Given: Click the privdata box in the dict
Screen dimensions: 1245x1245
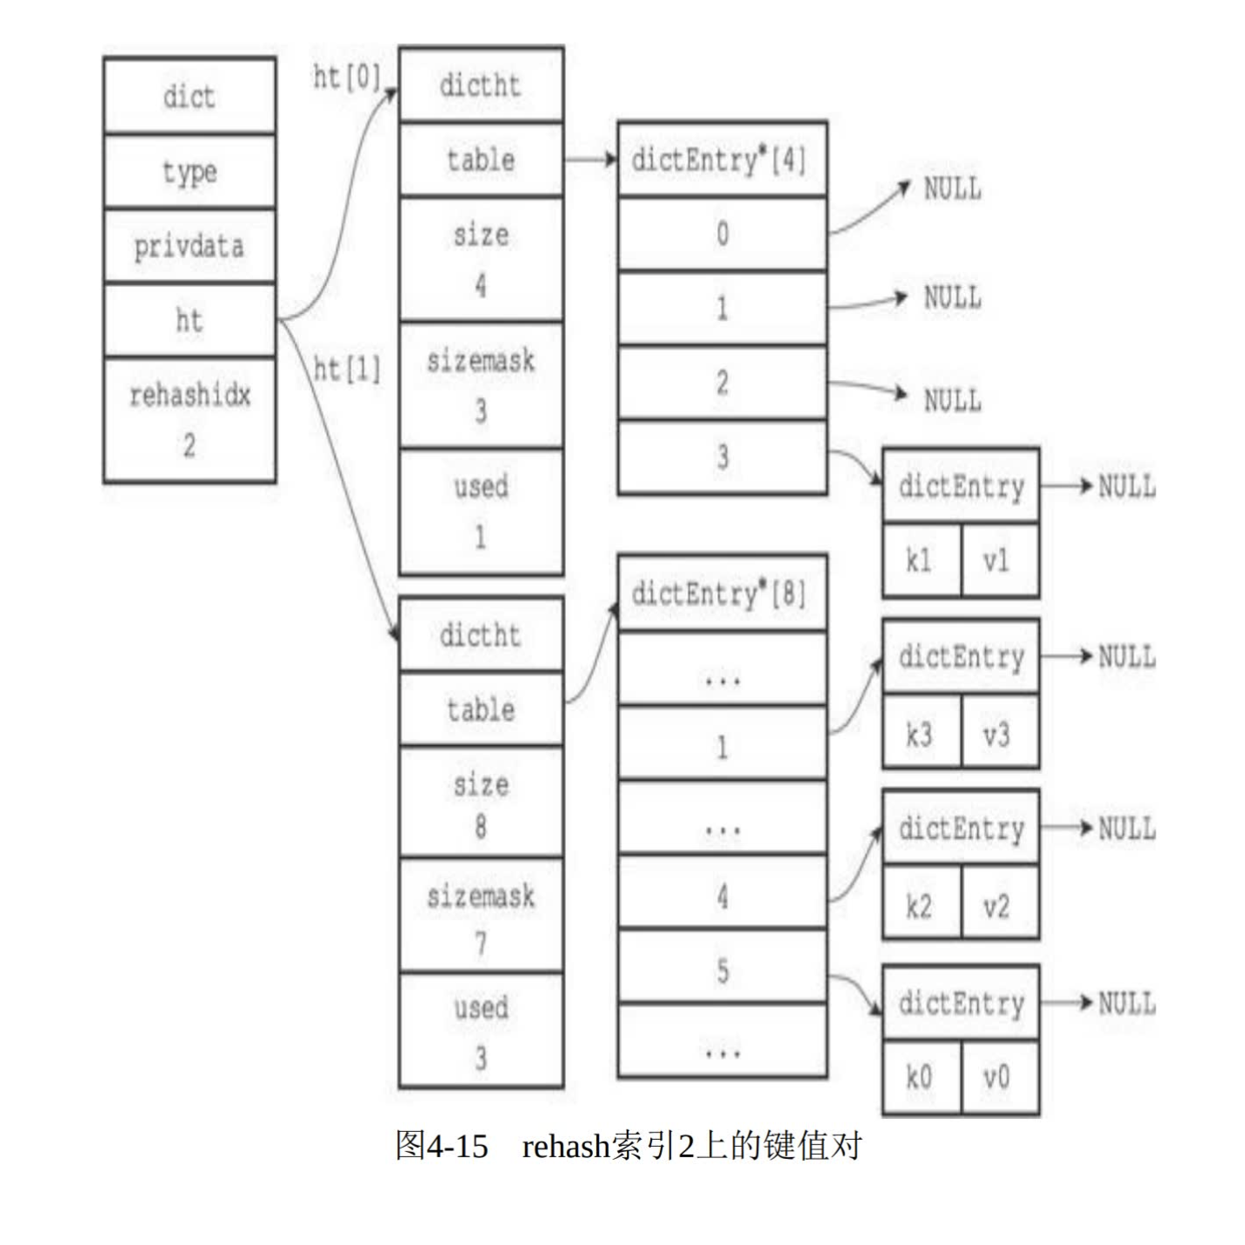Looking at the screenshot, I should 189,246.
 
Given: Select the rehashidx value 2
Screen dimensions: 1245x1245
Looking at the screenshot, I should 189,445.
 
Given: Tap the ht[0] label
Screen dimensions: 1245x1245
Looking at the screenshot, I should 347,77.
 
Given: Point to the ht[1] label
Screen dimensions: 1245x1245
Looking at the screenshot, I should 347,370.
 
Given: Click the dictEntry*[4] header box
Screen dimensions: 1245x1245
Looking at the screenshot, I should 721,160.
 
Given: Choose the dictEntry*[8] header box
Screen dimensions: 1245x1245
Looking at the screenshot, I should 721,594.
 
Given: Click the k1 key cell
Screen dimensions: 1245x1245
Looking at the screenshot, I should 920,561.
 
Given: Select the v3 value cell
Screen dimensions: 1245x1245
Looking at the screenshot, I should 997,736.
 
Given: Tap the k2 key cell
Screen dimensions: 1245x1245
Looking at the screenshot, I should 920,907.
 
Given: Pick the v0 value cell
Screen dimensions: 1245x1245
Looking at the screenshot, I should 997,1079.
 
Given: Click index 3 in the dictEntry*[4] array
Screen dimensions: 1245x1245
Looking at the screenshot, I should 722,457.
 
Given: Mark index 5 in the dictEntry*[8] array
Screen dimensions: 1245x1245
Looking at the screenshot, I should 722,969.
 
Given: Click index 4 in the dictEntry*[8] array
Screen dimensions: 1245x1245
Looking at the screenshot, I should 722,895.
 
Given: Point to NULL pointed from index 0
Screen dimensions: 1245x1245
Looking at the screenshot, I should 952,189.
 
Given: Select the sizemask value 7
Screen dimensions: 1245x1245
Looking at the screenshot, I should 480,942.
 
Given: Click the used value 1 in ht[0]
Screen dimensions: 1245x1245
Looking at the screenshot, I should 480,537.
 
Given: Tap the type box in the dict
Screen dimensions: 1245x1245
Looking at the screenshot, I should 189,171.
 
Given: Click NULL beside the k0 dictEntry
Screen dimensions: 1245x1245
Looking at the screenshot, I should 1127,1003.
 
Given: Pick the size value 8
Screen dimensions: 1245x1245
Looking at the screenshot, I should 480,825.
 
